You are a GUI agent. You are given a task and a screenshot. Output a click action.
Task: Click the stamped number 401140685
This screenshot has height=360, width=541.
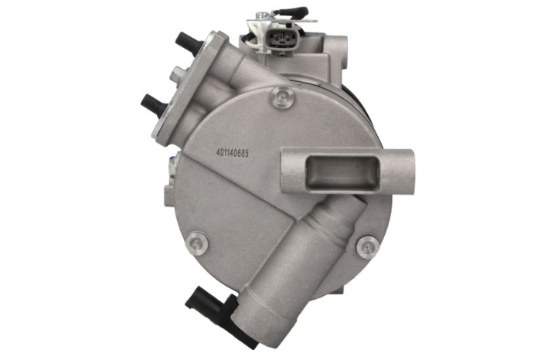(232, 152)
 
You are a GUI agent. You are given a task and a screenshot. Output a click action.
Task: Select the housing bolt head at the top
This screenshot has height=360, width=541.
(283, 97)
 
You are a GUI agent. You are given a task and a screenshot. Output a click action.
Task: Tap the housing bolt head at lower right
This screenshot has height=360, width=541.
(368, 246)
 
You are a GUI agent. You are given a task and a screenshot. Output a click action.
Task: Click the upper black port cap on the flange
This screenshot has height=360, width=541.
(188, 42)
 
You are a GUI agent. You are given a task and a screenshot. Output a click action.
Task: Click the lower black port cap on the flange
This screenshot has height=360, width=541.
(155, 103)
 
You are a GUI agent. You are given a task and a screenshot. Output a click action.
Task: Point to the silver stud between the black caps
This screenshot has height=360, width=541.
(179, 73)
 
